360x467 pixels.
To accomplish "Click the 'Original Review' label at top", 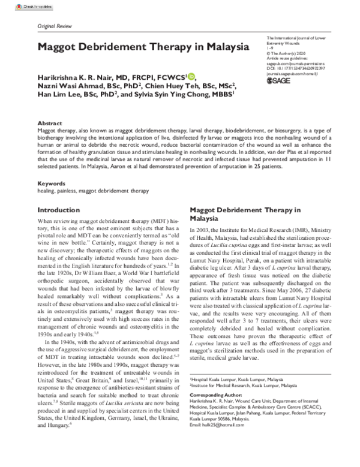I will (x=55, y=28).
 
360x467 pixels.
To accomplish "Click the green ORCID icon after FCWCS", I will (x=191, y=76).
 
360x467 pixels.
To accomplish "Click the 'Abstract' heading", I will (x=49, y=121).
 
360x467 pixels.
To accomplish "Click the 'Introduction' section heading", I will (x=63, y=210).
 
